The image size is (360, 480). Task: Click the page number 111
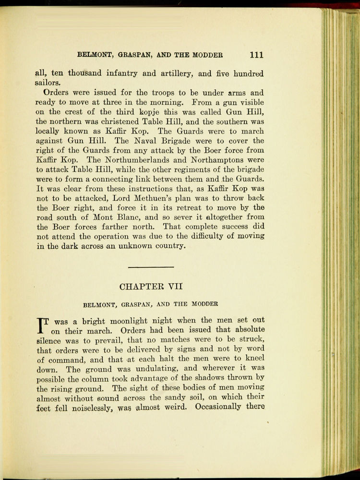click(257, 54)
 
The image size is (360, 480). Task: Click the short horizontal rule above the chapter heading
click(151, 266)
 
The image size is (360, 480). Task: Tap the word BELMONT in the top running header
click(94, 55)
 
